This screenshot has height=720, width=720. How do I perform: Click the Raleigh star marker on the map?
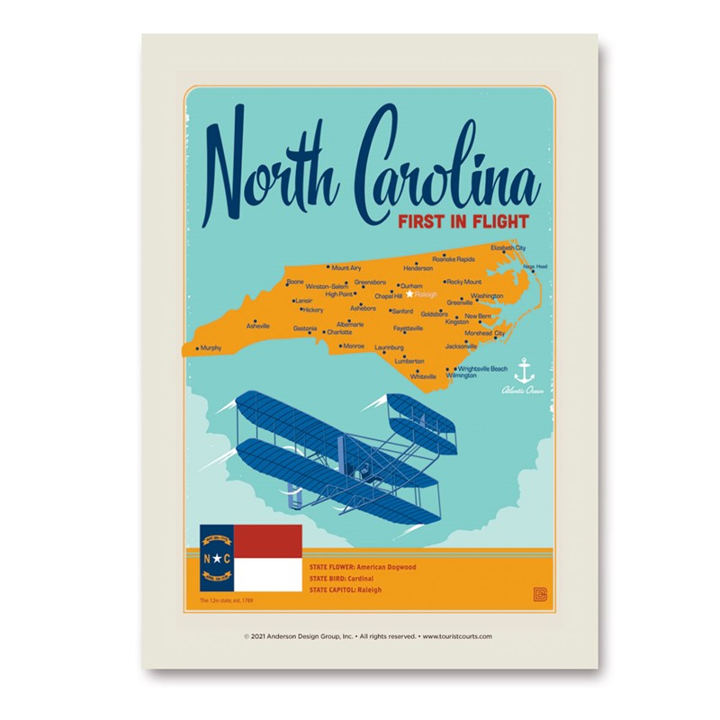(409, 293)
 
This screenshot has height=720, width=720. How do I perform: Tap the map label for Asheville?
(258, 326)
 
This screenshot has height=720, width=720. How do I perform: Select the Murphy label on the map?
(211, 347)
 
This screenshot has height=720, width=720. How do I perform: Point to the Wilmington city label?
(461, 375)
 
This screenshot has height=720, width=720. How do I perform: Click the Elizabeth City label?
(508, 247)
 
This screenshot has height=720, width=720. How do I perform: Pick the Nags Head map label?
(535, 266)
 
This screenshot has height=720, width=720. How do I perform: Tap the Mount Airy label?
(346, 268)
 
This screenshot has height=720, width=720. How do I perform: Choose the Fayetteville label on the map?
(408, 328)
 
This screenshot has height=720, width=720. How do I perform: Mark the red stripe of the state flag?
(267, 541)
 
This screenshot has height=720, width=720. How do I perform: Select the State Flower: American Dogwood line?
(362, 568)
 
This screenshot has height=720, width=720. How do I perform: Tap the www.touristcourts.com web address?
(456, 635)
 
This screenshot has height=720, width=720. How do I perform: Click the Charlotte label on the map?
(339, 332)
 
